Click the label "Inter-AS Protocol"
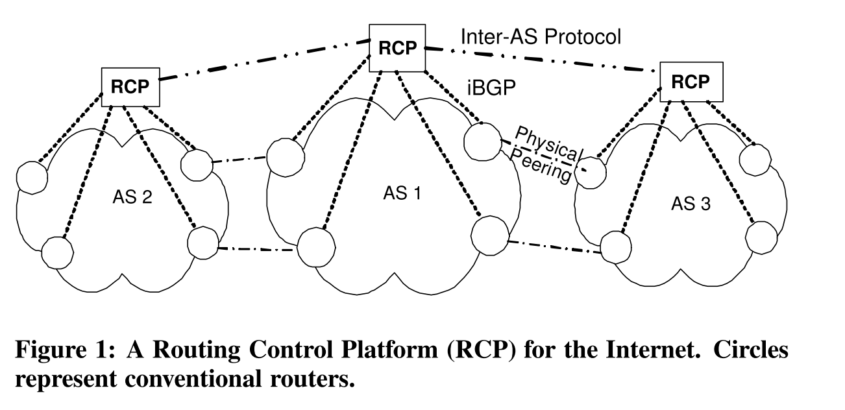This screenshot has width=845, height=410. point(541,37)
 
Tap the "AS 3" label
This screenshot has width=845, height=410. point(690,204)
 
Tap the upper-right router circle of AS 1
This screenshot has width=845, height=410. point(482,138)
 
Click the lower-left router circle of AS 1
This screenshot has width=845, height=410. point(317,247)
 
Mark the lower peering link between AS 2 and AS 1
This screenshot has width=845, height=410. point(258,248)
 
